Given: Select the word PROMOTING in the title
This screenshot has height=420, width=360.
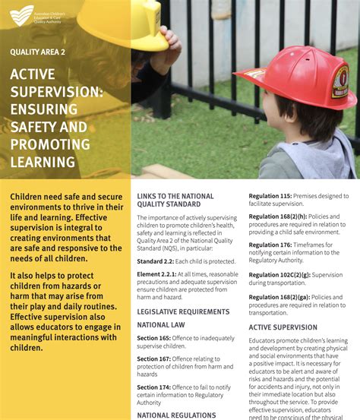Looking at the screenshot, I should (50, 144).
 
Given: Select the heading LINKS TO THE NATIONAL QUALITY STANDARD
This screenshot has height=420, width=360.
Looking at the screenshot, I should (175, 200).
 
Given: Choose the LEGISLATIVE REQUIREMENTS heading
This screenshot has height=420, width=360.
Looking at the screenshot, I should (183, 311).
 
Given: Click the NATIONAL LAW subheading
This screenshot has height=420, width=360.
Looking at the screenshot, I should (163, 324).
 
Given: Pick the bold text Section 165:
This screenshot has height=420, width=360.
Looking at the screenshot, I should (153, 337).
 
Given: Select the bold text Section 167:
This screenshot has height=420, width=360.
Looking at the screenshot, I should (153, 359).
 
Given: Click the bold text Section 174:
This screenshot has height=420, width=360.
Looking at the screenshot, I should (153, 387).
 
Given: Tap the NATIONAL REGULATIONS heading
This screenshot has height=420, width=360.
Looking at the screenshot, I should (176, 415).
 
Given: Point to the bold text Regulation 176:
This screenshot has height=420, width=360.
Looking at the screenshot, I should (270, 245).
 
